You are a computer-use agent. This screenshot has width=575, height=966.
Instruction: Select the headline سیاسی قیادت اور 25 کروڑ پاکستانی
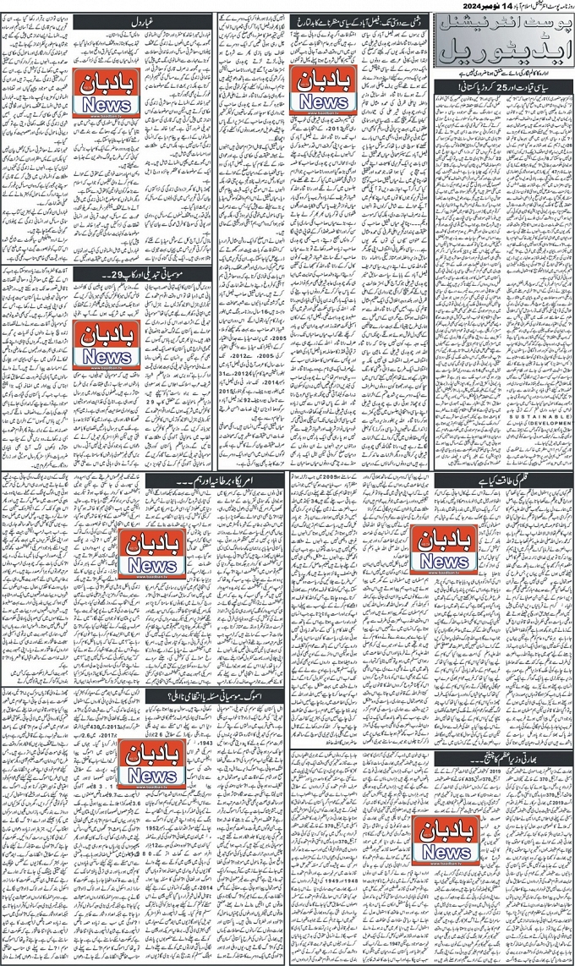[x=501, y=87]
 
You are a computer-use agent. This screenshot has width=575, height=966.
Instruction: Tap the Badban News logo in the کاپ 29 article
[x=105, y=345]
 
